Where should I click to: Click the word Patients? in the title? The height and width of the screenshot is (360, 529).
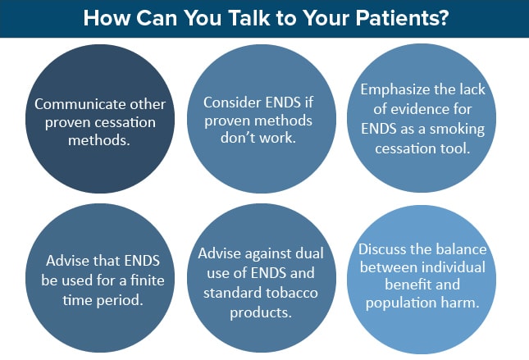[x=402, y=18]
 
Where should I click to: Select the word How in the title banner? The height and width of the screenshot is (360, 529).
[x=107, y=18]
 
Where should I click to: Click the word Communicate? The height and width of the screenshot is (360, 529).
[x=80, y=104]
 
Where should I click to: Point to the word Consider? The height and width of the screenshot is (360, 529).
[x=232, y=103]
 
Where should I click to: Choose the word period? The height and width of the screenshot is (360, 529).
[x=120, y=300]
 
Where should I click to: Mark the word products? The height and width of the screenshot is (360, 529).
[x=261, y=312]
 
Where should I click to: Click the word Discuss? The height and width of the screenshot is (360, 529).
[x=381, y=249]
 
